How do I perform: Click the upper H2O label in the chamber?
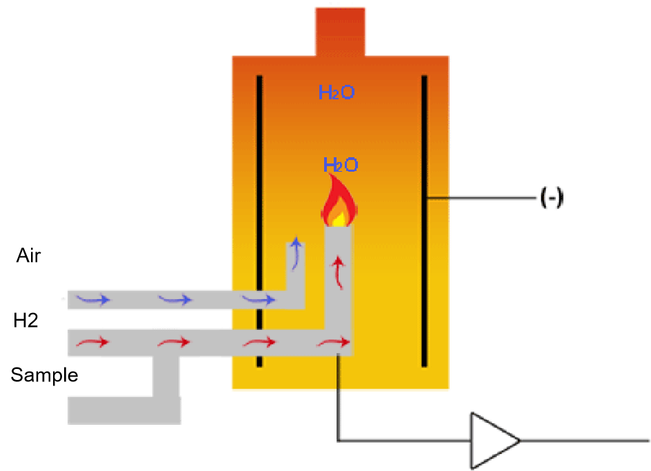click(337, 92)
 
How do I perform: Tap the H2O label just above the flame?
click(341, 165)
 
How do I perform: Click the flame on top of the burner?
click(339, 202)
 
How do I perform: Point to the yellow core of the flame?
click(338, 218)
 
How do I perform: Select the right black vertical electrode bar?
click(424, 221)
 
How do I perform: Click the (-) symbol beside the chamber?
click(552, 199)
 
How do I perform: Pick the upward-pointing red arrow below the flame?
click(338, 272)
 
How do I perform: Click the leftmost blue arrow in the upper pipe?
click(92, 299)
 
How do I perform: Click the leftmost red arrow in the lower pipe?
click(92, 342)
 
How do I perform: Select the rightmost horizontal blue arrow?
click(259, 299)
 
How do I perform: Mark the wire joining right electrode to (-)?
click(483, 199)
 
